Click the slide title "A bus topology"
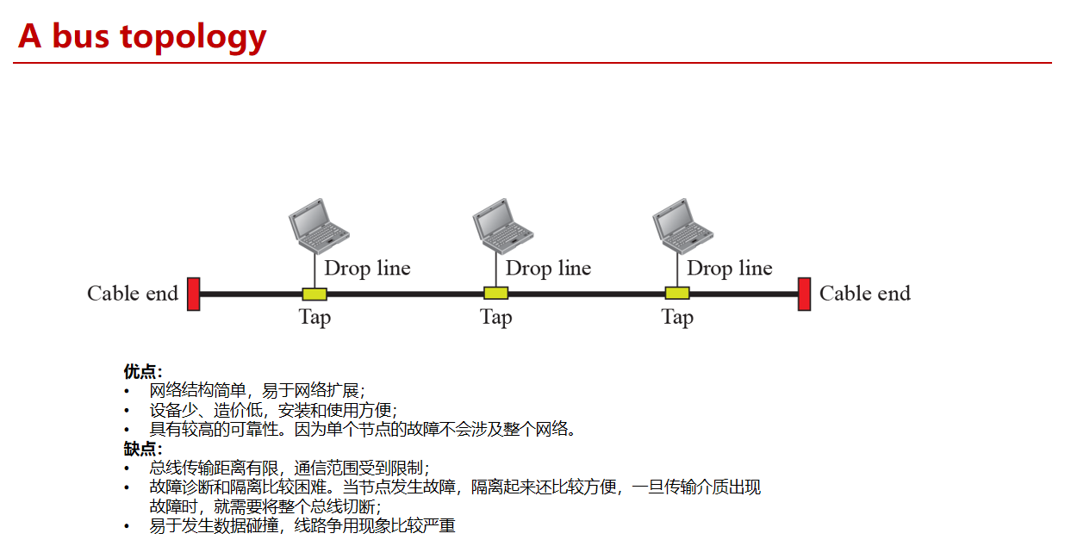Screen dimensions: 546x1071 point(142,36)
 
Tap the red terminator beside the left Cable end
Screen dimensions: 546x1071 point(194,294)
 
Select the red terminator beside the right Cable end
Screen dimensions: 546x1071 point(804,294)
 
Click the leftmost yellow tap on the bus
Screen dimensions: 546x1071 point(314,294)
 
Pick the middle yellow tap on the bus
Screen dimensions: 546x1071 point(495,294)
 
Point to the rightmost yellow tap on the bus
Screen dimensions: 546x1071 point(677,294)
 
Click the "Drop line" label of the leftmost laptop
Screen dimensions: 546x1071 point(367,269)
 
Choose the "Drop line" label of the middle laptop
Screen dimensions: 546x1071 point(548,269)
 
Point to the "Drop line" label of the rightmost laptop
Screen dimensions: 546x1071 point(729,269)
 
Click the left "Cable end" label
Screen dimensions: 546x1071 point(133,294)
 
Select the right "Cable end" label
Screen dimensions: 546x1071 point(864,294)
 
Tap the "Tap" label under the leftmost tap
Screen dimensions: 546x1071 point(314,318)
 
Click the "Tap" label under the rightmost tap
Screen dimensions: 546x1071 point(677,318)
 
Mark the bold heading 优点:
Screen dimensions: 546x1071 point(143,372)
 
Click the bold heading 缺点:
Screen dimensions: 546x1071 point(143,449)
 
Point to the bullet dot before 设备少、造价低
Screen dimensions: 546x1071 point(128,411)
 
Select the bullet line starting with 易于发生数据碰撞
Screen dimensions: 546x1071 point(302,525)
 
